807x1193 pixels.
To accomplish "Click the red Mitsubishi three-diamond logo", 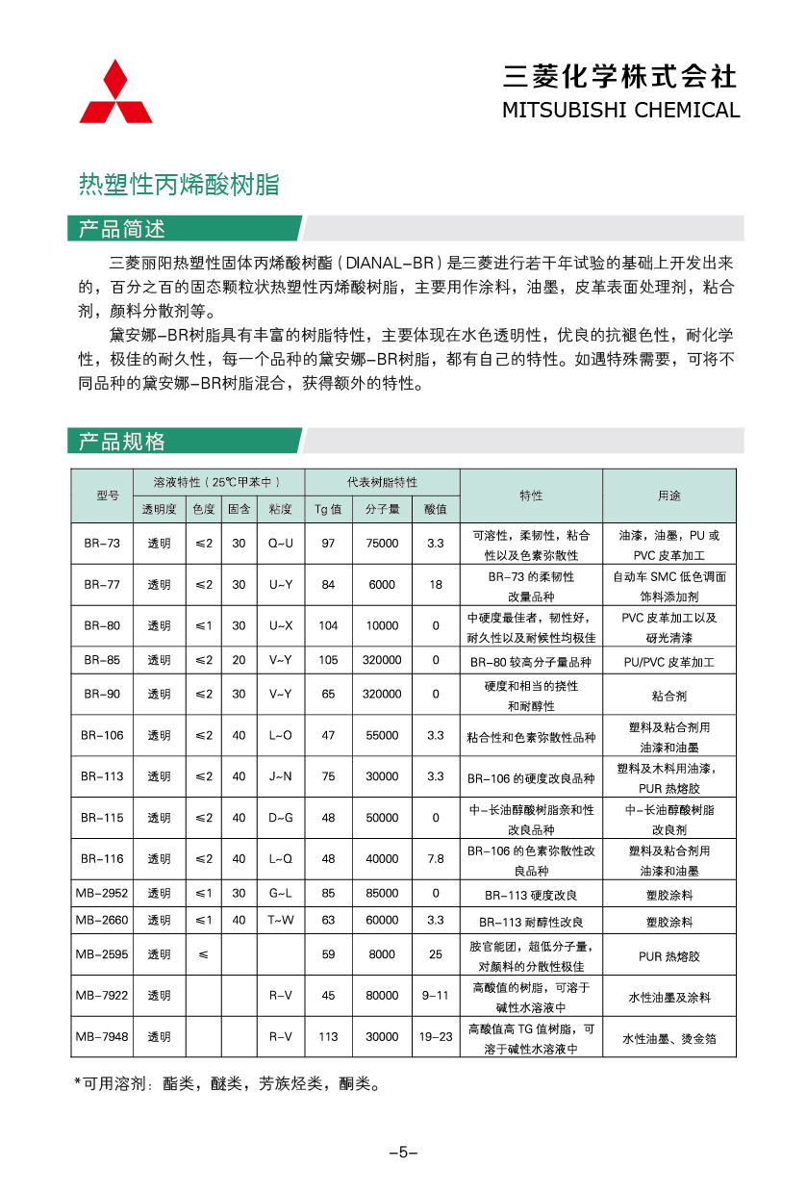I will [115, 93].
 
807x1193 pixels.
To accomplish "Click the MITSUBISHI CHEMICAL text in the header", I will [620, 110].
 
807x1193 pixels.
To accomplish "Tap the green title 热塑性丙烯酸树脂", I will [179, 185].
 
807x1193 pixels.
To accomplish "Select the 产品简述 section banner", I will [121, 229].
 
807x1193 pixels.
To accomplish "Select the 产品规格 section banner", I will [121, 442].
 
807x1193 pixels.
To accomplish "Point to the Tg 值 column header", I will [328, 509].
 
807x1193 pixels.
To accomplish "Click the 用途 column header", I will [668, 495].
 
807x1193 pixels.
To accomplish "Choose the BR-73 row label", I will [101, 544].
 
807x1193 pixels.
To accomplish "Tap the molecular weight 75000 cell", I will [382, 544].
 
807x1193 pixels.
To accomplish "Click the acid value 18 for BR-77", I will [436, 585].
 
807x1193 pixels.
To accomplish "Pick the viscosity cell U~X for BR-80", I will [281, 626].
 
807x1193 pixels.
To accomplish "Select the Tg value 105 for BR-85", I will [328, 661].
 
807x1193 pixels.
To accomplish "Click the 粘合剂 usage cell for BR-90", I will [668, 695].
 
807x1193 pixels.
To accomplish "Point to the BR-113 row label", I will [101, 776].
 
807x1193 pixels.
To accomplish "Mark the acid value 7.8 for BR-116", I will [436, 859].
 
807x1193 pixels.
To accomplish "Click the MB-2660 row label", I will [101, 921].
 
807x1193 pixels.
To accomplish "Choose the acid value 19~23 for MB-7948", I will [436, 1037].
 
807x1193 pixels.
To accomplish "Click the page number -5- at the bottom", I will [403, 1153].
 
